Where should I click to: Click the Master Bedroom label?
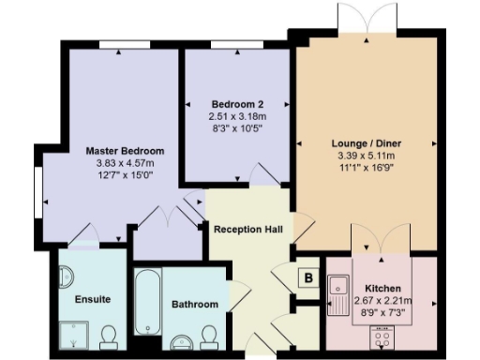point(125,150)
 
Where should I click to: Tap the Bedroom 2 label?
point(236,104)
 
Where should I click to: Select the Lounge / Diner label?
point(367,143)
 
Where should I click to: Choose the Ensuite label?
point(92,299)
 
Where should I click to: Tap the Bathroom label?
point(194,305)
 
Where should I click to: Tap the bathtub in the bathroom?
point(148,303)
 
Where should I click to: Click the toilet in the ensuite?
point(108,335)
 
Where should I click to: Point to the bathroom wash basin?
point(179,339)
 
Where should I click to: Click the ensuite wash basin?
point(66,278)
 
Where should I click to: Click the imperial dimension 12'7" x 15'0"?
point(125,174)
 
